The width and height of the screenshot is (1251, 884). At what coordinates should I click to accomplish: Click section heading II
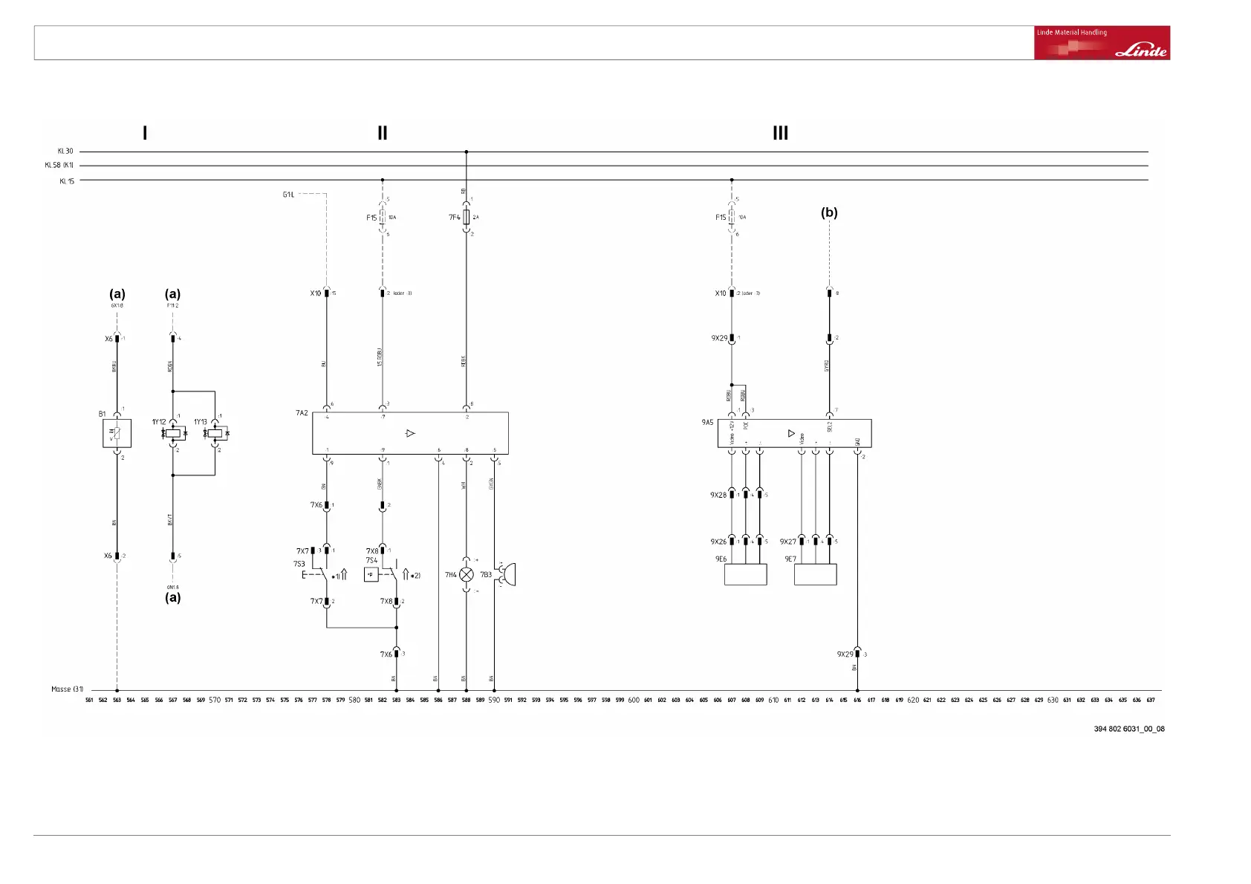coord(383,133)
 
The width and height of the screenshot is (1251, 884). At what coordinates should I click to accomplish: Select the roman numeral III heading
coord(780,133)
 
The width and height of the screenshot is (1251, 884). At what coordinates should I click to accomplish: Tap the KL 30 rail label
coord(65,152)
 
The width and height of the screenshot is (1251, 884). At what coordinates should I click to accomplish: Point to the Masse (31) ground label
coord(67,689)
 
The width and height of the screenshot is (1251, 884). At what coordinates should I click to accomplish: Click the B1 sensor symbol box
coord(117,433)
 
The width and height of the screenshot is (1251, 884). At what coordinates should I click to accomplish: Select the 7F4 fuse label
coord(454,218)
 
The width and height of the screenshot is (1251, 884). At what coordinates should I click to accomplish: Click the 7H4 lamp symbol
coord(467,574)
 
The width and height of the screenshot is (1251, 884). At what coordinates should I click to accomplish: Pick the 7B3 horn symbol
coord(508,574)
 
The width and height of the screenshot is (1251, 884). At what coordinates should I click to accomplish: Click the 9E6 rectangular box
coord(745,574)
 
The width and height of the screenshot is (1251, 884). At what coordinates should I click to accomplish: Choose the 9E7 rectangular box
coord(815,574)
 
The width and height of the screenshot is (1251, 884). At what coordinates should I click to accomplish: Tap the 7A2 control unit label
coord(302,413)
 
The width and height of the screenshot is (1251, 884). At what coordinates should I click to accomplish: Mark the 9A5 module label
coord(707,422)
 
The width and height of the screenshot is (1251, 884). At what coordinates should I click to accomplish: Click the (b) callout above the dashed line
coord(829,212)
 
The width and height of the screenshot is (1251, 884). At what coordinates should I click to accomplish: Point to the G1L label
coord(288,195)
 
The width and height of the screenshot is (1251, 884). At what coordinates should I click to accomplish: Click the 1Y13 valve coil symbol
coord(215,432)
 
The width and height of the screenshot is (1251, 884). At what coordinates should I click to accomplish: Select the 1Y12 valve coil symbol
coord(173,432)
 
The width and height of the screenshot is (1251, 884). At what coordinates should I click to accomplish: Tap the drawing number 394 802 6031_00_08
coord(1128,729)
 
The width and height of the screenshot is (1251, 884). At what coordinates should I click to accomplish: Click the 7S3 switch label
coord(299,564)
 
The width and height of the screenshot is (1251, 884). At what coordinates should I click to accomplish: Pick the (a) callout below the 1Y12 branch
coord(172,597)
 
